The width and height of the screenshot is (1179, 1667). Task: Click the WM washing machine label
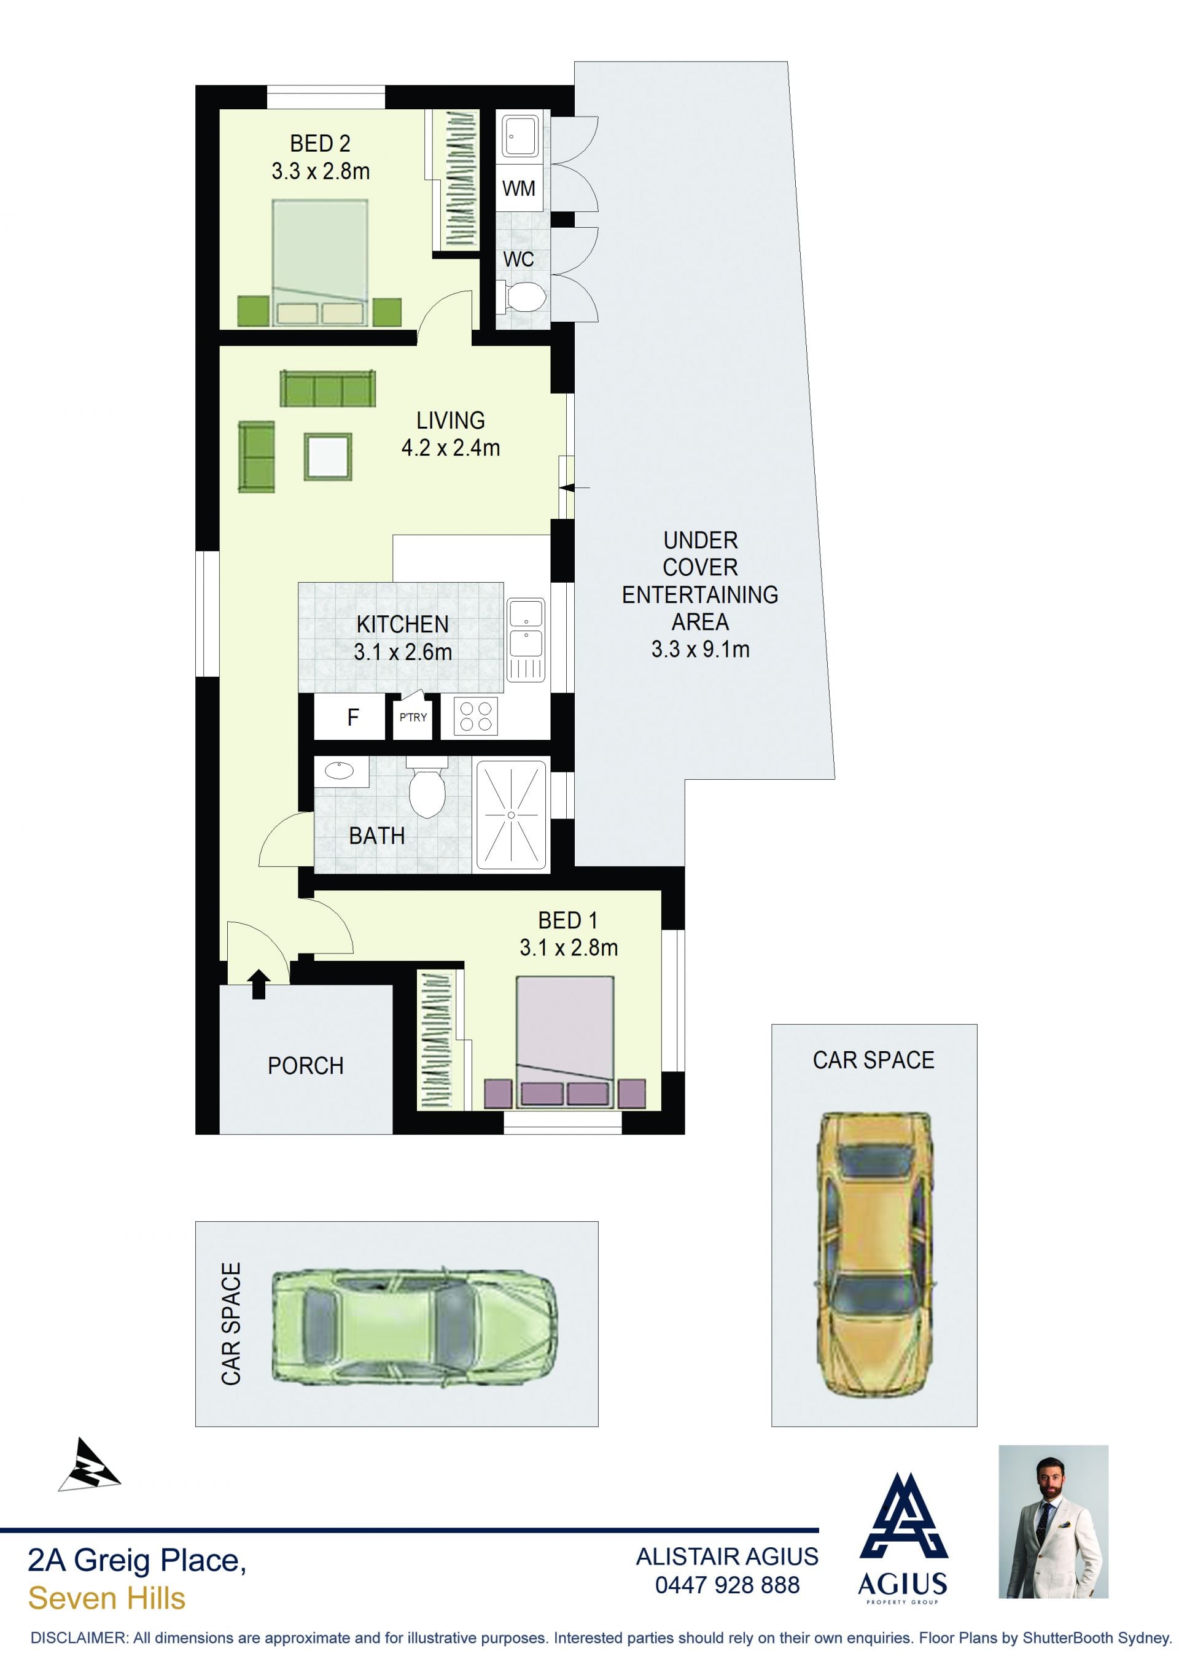coord(518,188)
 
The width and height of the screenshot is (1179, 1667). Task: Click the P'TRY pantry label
coord(413,717)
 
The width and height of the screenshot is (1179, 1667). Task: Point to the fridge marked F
coord(353,717)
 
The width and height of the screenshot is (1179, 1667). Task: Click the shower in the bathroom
coord(510,815)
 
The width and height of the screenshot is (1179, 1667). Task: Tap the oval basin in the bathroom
coord(338,771)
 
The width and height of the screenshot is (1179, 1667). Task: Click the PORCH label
coord(306,1066)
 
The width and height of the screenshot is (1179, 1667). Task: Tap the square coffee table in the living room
coord(328,457)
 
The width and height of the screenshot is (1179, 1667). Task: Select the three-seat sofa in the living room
coord(327,389)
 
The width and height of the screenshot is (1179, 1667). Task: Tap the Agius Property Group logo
coord(903,1539)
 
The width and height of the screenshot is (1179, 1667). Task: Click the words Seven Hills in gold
coord(107,1599)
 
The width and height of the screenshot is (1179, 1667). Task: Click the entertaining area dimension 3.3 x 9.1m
coord(700,649)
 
